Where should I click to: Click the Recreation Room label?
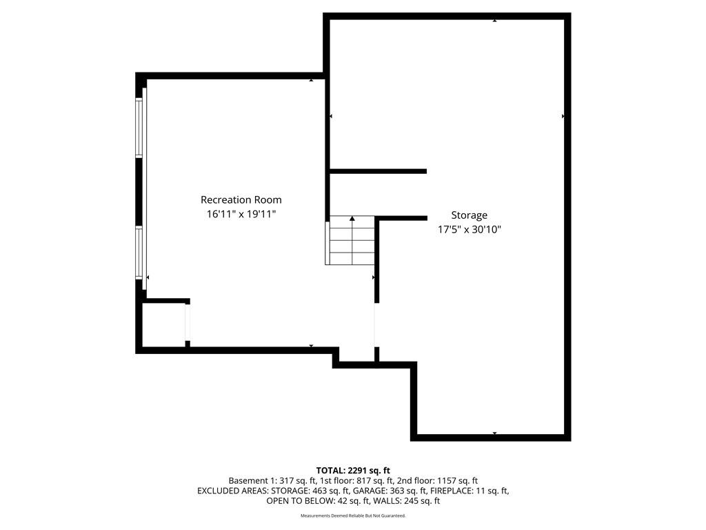coord(241,199)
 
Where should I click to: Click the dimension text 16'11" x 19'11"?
coord(241,214)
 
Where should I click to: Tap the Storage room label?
coord(469,215)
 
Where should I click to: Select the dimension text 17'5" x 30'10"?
coord(469,229)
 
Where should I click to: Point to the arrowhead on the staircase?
coord(352,219)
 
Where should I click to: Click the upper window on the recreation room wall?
coord(139,128)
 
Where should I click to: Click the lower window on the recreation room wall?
coord(139,253)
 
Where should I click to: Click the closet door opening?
coord(188,323)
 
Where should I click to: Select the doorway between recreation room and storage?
coord(376,325)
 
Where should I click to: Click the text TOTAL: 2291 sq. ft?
coord(353,471)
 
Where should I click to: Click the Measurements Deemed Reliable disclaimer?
coord(353,516)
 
